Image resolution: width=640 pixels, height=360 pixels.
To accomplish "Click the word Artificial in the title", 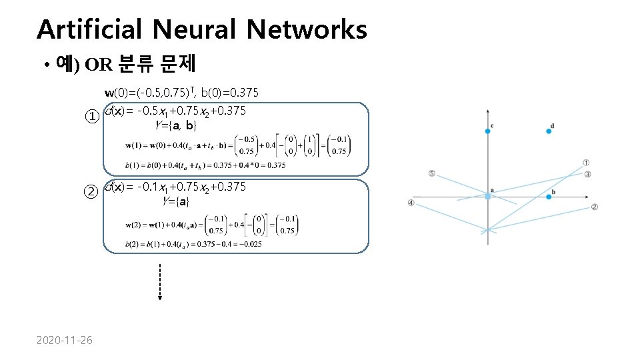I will (x=89, y=29).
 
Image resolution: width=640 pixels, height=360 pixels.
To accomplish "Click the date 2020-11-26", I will (x=65, y=341).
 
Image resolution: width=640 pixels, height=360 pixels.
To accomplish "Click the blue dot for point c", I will (x=488, y=131).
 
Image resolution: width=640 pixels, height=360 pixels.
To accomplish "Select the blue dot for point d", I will (x=549, y=131).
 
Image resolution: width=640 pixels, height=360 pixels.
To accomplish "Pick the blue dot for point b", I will (x=549, y=197).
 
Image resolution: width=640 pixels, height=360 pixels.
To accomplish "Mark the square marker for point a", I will (x=488, y=197).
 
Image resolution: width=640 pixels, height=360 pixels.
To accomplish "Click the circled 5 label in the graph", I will (x=431, y=174).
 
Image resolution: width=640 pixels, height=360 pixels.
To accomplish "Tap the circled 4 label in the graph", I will (x=411, y=203).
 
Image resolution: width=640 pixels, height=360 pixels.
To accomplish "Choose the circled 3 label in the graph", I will (x=587, y=175).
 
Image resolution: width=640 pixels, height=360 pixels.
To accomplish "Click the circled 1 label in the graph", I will (x=586, y=162).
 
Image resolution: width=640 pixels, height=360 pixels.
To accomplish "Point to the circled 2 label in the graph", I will (x=594, y=207).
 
